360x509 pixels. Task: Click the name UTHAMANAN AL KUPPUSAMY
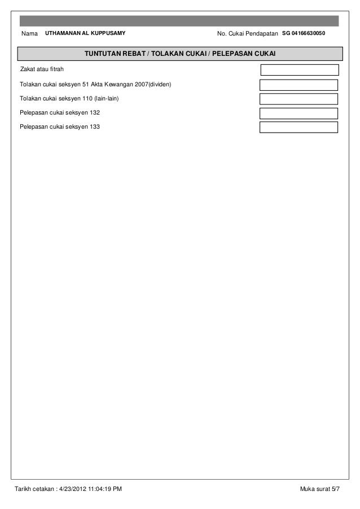coord(85,34)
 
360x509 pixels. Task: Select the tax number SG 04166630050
coord(309,34)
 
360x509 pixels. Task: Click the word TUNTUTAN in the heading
coord(102,54)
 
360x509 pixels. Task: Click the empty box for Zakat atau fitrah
coord(299,70)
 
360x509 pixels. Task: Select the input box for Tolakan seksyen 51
coord(298,85)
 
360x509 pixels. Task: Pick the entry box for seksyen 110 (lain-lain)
coord(298,99)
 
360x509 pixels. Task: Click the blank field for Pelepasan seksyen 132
coord(298,113)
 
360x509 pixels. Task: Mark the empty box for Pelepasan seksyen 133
coord(298,127)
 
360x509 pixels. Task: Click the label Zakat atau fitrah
coord(42,70)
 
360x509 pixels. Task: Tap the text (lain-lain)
coord(106,99)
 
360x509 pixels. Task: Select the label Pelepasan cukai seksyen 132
coord(60,113)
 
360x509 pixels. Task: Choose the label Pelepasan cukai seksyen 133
coord(60,127)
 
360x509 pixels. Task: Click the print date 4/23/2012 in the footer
coord(73,488)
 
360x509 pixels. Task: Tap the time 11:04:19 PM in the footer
coord(105,488)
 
